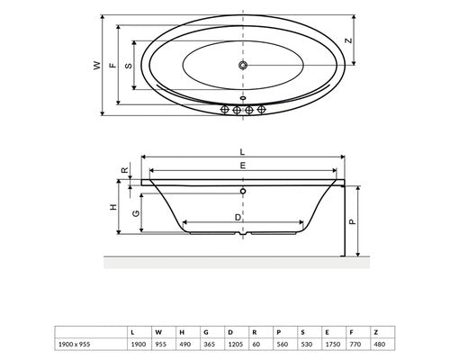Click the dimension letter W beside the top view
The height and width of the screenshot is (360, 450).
pyautogui.click(x=96, y=66)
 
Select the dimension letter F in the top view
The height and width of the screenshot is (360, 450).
pyautogui.click(x=112, y=66)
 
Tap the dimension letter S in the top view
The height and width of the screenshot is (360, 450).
pyautogui.click(x=129, y=66)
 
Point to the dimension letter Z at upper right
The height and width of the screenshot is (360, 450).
pyautogui.click(x=348, y=40)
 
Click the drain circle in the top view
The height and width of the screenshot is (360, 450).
pyautogui.click(x=243, y=65)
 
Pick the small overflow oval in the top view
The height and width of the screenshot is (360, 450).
pyautogui.click(x=243, y=98)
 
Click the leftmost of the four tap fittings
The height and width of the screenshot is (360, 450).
pyautogui.click(x=225, y=110)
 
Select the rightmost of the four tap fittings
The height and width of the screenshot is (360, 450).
pyautogui.click(x=261, y=110)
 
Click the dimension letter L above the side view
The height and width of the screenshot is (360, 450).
pyautogui.click(x=242, y=152)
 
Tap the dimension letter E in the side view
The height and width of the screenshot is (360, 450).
pyautogui.click(x=243, y=166)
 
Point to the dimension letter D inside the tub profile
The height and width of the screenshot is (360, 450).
pyautogui.click(x=238, y=217)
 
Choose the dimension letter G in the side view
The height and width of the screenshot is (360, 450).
pyautogui.click(x=136, y=213)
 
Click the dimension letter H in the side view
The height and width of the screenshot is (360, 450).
pyautogui.click(x=113, y=207)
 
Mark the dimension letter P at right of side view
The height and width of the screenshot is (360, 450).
pyautogui.click(x=353, y=221)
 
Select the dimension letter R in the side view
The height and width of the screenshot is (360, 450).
pyautogui.click(x=124, y=170)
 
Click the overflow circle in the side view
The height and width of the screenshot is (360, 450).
pyautogui.click(x=243, y=191)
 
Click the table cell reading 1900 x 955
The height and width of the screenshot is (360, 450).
pyautogui.click(x=74, y=345)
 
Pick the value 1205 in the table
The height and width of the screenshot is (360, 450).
pyautogui.click(x=236, y=345)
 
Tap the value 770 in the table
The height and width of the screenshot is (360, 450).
pyautogui.click(x=355, y=345)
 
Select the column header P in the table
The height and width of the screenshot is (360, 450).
pyautogui.click(x=279, y=332)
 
